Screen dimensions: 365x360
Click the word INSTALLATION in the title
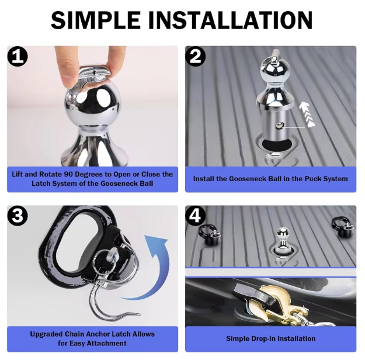click(x=230, y=20)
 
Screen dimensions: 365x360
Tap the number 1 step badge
click(x=18, y=56)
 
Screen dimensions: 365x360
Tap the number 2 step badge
click(x=195, y=56)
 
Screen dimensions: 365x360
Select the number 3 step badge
click(x=18, y=216)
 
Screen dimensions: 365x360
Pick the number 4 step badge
click(x=195, y=216)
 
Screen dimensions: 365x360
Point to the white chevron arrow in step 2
click(x=307, y=115)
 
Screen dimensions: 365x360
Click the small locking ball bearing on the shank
click(x=278, y=126)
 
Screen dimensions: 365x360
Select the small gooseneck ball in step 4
click(x=283, y=241)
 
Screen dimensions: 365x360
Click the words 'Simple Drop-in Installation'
click(x=271, y=338)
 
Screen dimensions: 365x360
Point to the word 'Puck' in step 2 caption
click(x=313, y=179)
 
